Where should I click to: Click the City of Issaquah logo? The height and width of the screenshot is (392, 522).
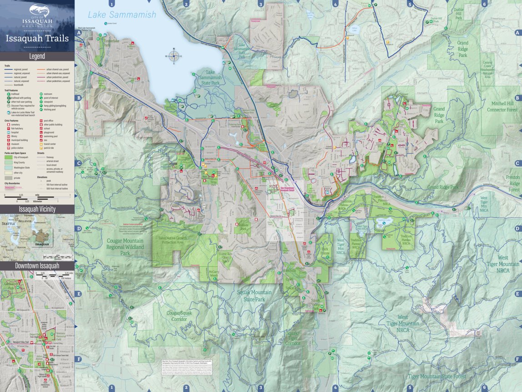(x=37, y=15)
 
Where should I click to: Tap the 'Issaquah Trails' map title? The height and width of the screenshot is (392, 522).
(x=37, y=38)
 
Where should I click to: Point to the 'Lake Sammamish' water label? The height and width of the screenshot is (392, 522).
(x=122, y=15)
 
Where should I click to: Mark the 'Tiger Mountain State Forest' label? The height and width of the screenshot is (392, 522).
(x=437, y=377)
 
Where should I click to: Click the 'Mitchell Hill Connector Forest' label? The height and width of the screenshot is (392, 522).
(x=502, y=107)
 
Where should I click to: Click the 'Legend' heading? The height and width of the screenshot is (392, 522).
(x=37, y=56)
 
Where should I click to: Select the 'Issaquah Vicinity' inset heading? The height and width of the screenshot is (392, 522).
(x=37, y=209)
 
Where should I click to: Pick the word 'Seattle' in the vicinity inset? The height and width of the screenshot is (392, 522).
(x=9, y=224)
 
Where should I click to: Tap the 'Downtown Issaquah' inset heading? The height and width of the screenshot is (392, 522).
(x=37, y=265)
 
